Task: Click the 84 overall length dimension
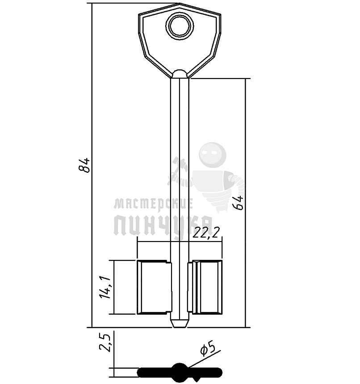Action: click(84, 166)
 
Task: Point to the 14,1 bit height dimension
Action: click(105, 287)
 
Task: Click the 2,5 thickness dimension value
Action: click(105, 342)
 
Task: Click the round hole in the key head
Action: click(180, 26)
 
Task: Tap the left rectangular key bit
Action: click(154, 287)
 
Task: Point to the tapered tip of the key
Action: click(180, 323)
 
